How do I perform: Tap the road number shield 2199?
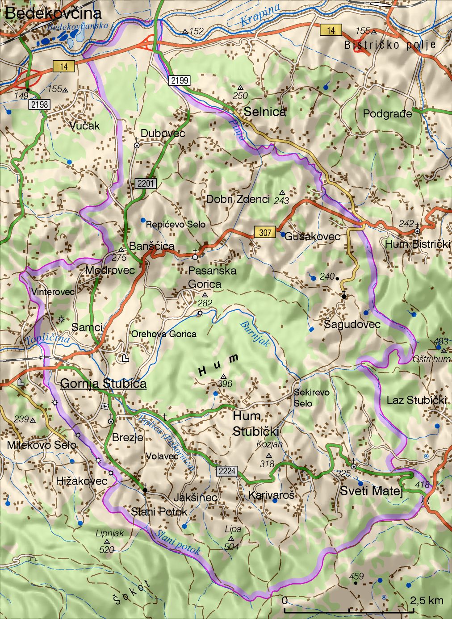point(180,81)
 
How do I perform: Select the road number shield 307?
point(265,232)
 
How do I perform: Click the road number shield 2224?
point(227,472)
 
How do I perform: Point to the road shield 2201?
point(146,184)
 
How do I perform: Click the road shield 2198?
point(39,105)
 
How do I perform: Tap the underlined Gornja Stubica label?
point(103,384)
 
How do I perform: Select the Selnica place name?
point(265,112)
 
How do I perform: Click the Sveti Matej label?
point(372,491)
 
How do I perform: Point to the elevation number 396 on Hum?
point(226,384)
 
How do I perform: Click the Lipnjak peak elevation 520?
point(107,550)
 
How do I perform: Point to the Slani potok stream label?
point(178,542)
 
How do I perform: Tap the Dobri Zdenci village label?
point(238,200)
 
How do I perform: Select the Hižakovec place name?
point(82,481)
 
